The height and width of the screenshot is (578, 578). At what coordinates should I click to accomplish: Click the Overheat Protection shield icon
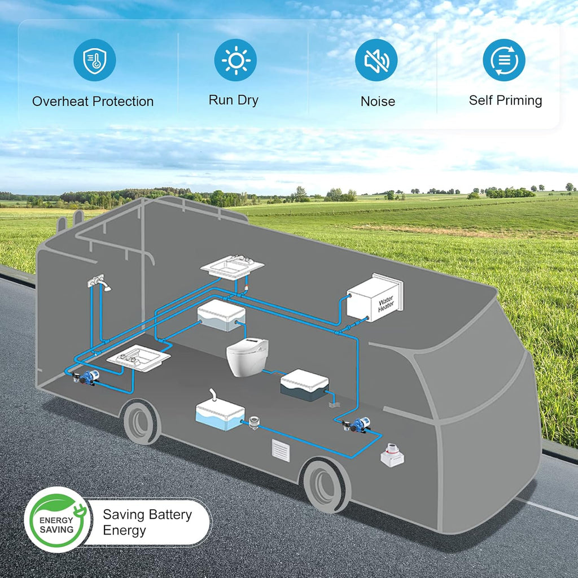click(95, 60)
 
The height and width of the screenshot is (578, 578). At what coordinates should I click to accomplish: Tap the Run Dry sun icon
click(235, 60)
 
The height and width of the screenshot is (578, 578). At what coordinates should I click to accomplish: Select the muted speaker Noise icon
click(376, 60)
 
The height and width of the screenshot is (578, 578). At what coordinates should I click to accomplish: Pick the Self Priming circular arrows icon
click(504, 60)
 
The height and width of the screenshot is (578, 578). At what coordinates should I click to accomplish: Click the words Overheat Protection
click(93, 102)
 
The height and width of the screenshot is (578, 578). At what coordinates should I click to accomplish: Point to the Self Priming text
click(505, 100)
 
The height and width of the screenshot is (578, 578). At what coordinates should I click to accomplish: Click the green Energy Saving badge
click(57, 519)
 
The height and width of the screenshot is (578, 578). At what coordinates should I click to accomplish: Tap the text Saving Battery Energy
click(147, 522)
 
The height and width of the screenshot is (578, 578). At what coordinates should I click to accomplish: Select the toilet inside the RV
click(247, 357)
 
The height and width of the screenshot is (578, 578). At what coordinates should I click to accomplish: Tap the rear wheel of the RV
click(142, 423)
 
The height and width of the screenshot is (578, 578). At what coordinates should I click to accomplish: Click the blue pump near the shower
click(86, 377)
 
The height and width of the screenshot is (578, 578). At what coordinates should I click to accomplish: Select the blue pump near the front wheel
click(357, 424)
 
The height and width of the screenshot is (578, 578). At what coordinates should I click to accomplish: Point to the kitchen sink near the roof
click(232, 267)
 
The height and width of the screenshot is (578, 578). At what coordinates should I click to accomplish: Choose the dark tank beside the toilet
click(304, 385)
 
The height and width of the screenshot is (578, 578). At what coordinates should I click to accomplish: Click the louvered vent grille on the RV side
click(281, 450)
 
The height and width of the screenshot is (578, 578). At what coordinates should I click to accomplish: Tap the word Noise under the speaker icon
click(378, 102)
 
